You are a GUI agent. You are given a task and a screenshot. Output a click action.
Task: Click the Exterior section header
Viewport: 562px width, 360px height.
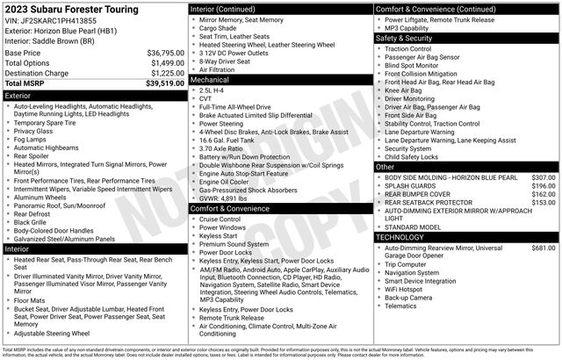(24, 95)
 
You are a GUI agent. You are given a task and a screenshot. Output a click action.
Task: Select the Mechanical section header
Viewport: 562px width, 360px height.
(216, 80)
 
